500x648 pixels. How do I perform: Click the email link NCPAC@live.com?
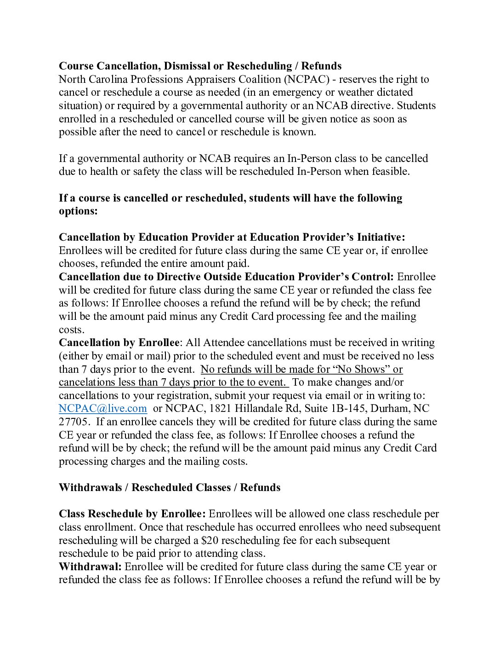[103, 409]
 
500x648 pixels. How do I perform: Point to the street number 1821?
[223, 409]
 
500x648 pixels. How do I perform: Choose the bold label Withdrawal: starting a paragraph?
[90, 567]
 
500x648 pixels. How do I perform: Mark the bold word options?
[78, 211]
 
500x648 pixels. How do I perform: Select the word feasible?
[390, 172]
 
